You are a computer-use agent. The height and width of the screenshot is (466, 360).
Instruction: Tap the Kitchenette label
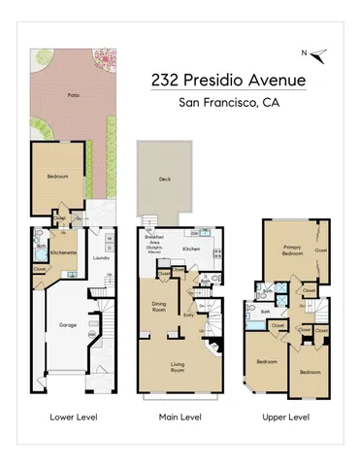coord(63,251)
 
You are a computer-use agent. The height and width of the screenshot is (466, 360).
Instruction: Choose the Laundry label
coord(97,258)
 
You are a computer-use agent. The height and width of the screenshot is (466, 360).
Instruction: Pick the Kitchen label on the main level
coord(191,249)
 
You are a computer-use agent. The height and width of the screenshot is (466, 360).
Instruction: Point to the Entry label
coord(189,314)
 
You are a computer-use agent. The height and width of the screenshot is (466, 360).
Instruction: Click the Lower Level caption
coord(69,417)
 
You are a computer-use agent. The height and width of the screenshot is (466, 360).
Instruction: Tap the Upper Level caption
coord(286,417)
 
